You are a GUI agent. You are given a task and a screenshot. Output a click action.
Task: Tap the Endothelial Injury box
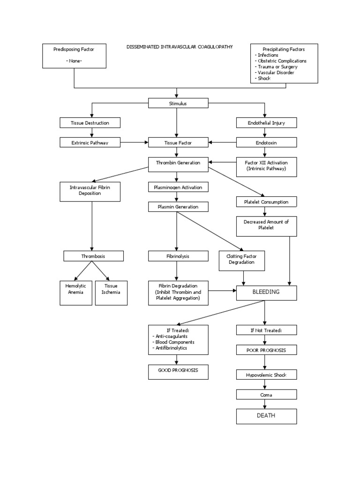(266, 123)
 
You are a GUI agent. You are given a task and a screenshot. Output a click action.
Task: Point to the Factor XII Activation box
(266, 165)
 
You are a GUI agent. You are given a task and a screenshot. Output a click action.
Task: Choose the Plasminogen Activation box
(178, 187)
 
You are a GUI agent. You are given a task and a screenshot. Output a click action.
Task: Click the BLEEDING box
(266, 292)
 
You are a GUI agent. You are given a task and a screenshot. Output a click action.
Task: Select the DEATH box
(266, 416)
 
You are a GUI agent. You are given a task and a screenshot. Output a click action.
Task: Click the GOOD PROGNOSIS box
(178, 371)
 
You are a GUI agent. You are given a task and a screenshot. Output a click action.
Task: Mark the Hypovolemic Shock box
(266, 375)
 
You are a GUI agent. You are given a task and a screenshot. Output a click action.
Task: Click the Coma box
(266, 395)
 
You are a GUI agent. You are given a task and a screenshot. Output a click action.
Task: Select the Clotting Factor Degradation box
(241, 260)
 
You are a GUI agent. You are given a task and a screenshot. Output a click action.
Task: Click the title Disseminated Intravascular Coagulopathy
(180, 47)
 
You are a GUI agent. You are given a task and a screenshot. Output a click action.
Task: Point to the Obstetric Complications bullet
(281, 61)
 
